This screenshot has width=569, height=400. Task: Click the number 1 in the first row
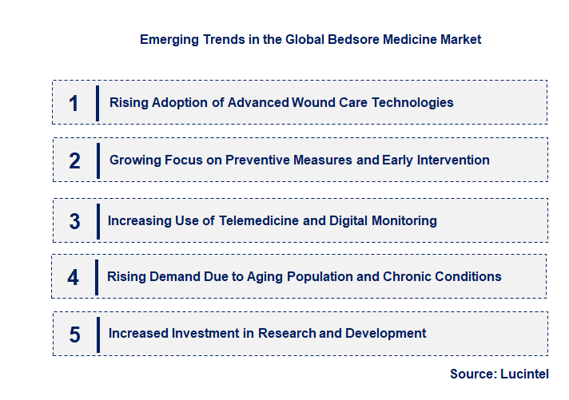pyautogui.click(x=74, y=103)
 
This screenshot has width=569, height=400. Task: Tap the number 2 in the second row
pyautogui.click(x=74, y=160)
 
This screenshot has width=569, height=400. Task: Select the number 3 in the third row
pyautogui.click(x=74, y=221)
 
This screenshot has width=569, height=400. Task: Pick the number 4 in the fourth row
pyautogui.click(x=74, y=277)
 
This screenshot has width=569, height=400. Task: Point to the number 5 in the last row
pyautogui.click(x=74, y=335)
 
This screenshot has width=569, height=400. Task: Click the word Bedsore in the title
pyautogui.click(x=354, y=39)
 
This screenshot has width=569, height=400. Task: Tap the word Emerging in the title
pyautogui.click(x=168, y=39)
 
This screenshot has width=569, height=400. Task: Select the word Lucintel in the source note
pyautogui.click(x=525, y=374)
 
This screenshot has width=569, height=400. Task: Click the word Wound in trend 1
pyautogui.click(x=313, y=102)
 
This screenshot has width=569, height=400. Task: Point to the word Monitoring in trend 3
pyautogui.click(x=404, y=220)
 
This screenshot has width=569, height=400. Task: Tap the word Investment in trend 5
pyautogui.click(x=208, y=333)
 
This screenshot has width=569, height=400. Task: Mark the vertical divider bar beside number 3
pyautogui.click(x=97, y=221)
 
